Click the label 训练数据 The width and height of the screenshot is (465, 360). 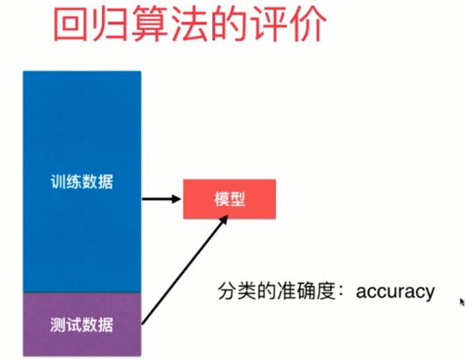pyautogui.click(x=82, y=182)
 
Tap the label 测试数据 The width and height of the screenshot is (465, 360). pyautogui.click(x=82, y=324)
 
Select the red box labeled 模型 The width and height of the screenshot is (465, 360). pyautogui.click(x=229, y=198)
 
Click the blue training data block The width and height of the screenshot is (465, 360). pyautogui.click(x=82, y=129)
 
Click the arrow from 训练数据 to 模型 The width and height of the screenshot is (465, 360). pyautogui.click(x=161, y=198)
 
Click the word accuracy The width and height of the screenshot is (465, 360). pyautogui.click(x=395, y=291)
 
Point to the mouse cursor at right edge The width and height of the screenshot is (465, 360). pyautogui.click(x=462, y=302)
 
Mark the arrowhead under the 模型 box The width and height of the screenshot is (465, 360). pyautogui.click(x=224, y=225)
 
